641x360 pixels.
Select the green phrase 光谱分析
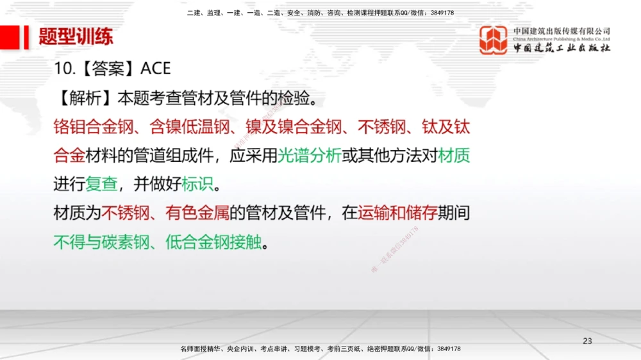(x=310, y=156)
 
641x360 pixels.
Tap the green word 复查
(x=101, y=184)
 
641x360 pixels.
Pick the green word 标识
(x=197, y=184)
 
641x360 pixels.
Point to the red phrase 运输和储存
(x=397, y=213)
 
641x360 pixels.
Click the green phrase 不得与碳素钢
(x=101, y=242)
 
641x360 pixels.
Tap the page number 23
(x=587, y=340)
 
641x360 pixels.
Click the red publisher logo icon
(x=494, y=40)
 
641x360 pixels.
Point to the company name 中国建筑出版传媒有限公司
(x=562, y=31)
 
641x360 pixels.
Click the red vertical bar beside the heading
(x=26, y=37)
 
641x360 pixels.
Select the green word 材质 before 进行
(x=454, y=156)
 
